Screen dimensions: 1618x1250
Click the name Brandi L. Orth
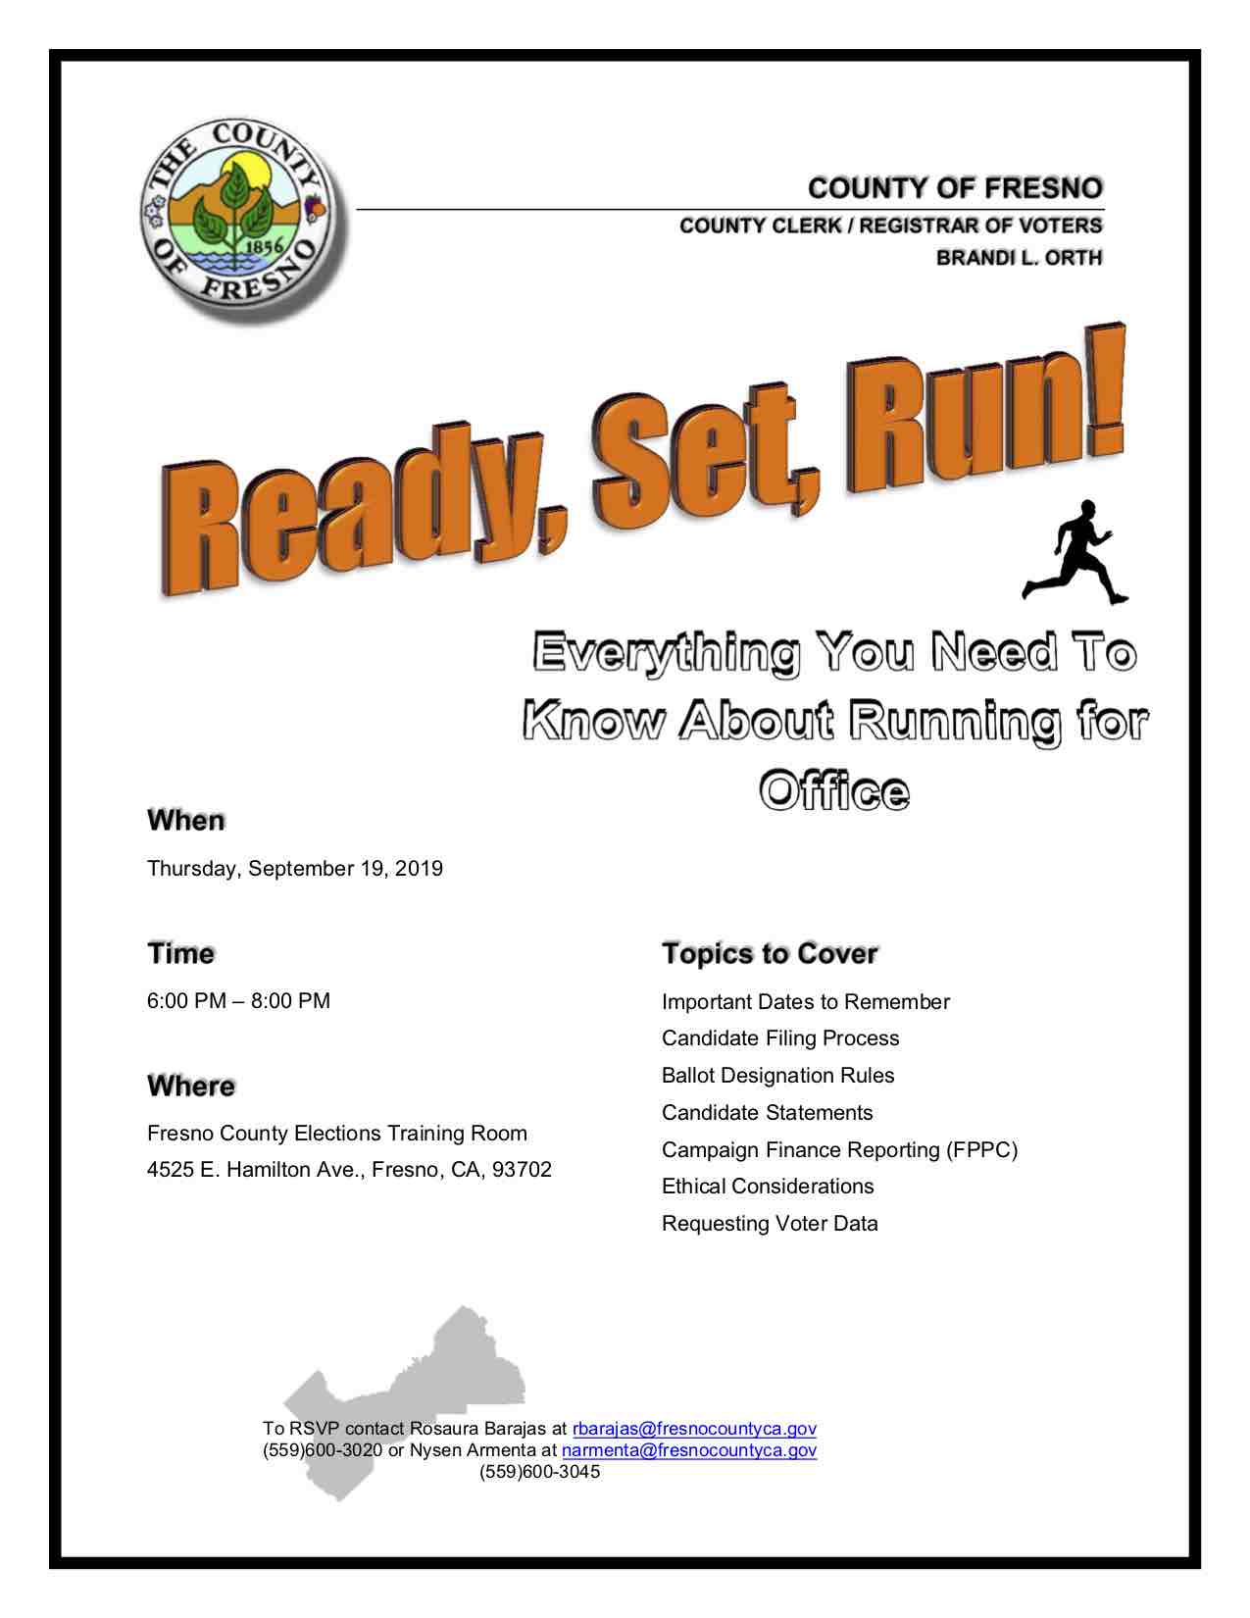[1019, 258]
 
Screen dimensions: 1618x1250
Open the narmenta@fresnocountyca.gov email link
[688, 1450]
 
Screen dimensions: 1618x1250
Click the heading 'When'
[186, 820]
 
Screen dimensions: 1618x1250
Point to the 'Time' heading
[180, 953]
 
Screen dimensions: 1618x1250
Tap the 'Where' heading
[191, 1087]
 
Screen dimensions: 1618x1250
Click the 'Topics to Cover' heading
[770, 953]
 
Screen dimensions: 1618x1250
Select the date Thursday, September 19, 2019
[295, 869]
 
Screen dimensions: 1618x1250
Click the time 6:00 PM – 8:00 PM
[238, 1001]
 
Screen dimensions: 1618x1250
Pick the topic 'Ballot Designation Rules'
[777, 1076]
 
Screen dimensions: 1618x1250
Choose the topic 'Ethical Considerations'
[768, 1187]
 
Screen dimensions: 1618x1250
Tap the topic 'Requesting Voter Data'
[770, 1224]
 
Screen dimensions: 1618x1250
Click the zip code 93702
[522, 1170]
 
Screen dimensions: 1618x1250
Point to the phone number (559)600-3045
[539, 1472]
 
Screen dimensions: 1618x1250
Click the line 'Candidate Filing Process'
[780, 1038]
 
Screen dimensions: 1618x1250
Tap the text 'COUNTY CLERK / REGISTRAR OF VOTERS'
[890, 226]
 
